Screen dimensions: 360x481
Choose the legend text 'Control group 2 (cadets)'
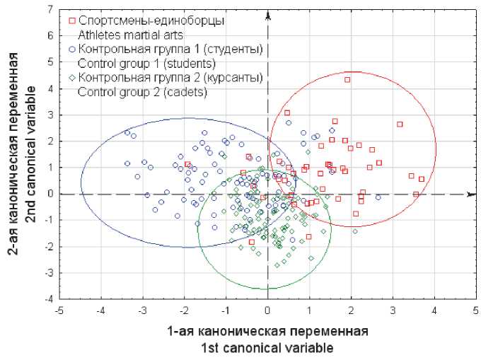[x=137, y=92]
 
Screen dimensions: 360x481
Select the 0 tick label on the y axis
[x=50, y=194]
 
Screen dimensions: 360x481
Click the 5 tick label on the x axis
[x=475, y=310]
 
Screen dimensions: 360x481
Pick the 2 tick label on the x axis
[x=350, y=310]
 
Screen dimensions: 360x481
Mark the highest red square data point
[x=347, y=80]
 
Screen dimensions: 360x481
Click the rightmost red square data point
[x=421, y=179]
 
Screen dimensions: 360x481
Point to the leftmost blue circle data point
[x=127, y=132]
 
